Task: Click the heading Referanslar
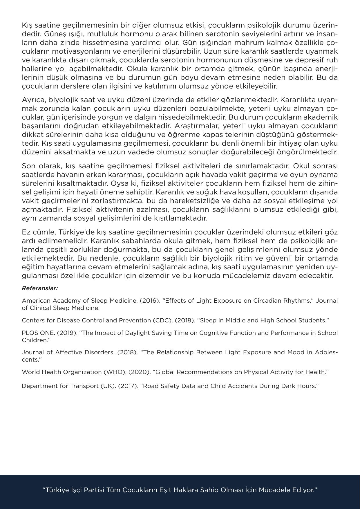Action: (x=40, y=288)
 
